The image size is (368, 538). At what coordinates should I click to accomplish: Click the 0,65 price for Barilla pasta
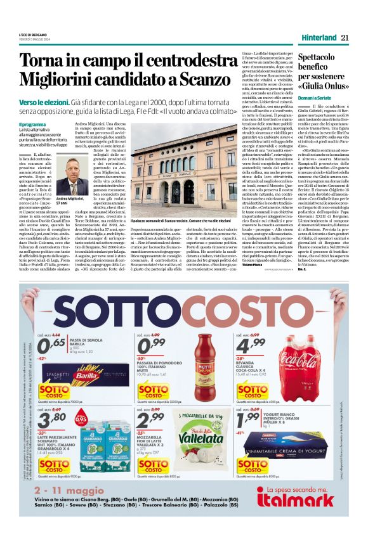(51, 346)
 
